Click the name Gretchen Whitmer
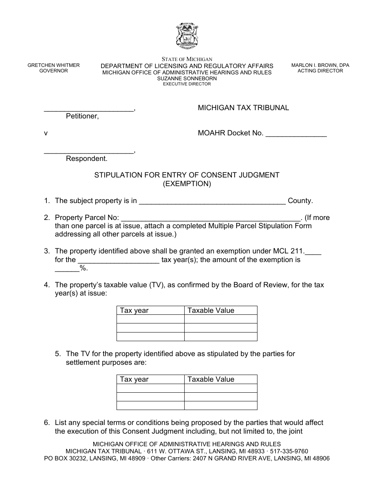(54, 65)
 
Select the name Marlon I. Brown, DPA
(320, 65)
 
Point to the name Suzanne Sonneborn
(187, 78)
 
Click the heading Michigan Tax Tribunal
(243, 108)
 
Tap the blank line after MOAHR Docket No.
(296, 134)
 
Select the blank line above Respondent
(89, 152)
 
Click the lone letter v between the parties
(46, 133)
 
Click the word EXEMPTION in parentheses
(187, 184)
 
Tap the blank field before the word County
(213, 201)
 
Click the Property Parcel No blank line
(209, 218)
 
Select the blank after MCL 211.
(313, 252)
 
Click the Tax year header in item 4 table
(134, 310)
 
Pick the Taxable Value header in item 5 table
(211, 379)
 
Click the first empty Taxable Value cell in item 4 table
(220, 319)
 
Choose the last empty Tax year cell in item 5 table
(150, 405)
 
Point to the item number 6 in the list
(46, 423)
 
